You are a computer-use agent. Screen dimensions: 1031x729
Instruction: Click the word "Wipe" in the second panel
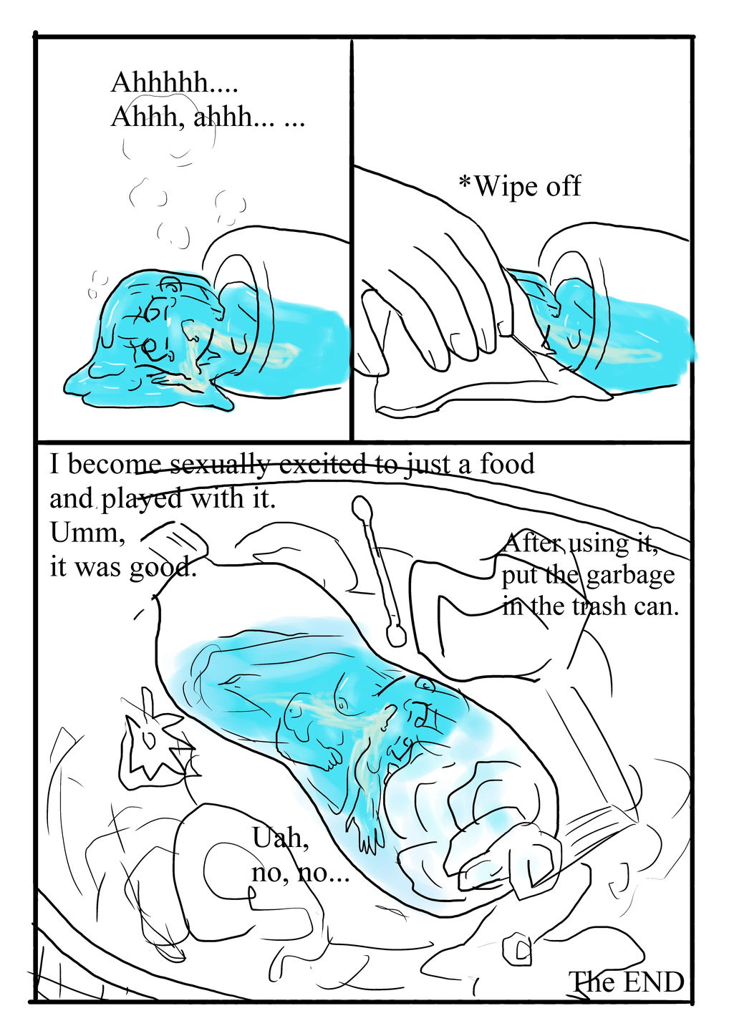tap(506, 187)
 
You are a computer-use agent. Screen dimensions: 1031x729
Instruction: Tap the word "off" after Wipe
tap(564, 186)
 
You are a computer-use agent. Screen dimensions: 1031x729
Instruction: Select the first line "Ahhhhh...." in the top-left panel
tap(174, 83)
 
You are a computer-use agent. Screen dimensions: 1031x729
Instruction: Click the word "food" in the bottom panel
tap(507, 464)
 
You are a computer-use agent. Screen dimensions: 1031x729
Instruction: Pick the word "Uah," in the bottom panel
tap(280, 838)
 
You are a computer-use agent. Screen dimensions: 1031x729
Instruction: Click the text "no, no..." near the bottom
tap(299, 873)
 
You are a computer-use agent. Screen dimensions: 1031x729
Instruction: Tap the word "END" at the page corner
tap(652, 982)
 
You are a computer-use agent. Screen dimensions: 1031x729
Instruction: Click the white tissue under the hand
tap(458, 387)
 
